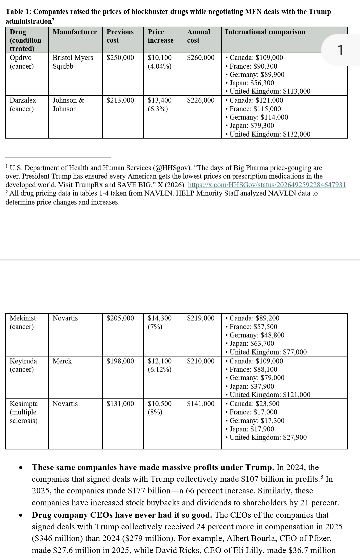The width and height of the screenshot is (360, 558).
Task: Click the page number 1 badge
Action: click(340, 50)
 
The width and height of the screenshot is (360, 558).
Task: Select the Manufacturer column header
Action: click(75, 32)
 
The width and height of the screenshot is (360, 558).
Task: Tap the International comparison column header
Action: click(265, 32)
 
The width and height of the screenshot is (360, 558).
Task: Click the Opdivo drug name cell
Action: click(21, 58)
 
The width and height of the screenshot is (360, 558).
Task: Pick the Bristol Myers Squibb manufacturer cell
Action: click(73, 62)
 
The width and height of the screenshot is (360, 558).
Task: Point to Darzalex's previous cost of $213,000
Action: click(120, 100)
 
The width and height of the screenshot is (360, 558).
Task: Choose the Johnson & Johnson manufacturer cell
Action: click(68, 104)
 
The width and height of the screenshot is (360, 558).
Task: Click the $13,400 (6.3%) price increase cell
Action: click(160, 104)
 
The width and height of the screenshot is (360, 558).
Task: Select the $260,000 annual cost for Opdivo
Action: click(201, 58)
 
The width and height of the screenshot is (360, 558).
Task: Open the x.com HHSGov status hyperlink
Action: click(267, 185)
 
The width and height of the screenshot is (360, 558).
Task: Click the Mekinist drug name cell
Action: click(23, 318)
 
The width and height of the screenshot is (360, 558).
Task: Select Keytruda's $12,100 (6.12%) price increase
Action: click(160, 365)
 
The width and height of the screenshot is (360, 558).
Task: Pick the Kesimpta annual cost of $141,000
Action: click(201, 404)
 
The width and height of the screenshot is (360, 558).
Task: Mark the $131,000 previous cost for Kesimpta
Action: click(120, 404)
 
